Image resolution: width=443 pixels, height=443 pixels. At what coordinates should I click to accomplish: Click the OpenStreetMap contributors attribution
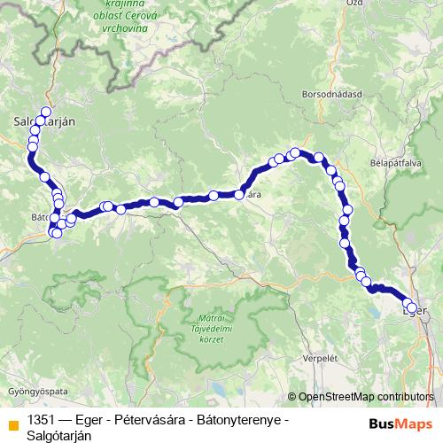[x=366, y=397]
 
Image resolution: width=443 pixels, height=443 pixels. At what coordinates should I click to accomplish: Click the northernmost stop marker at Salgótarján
[x=46, y=112]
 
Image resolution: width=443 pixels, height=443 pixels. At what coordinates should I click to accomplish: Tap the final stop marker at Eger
[x=410, y=308]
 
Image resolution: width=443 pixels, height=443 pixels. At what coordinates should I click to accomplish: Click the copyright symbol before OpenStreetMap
[x=292, y=397]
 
